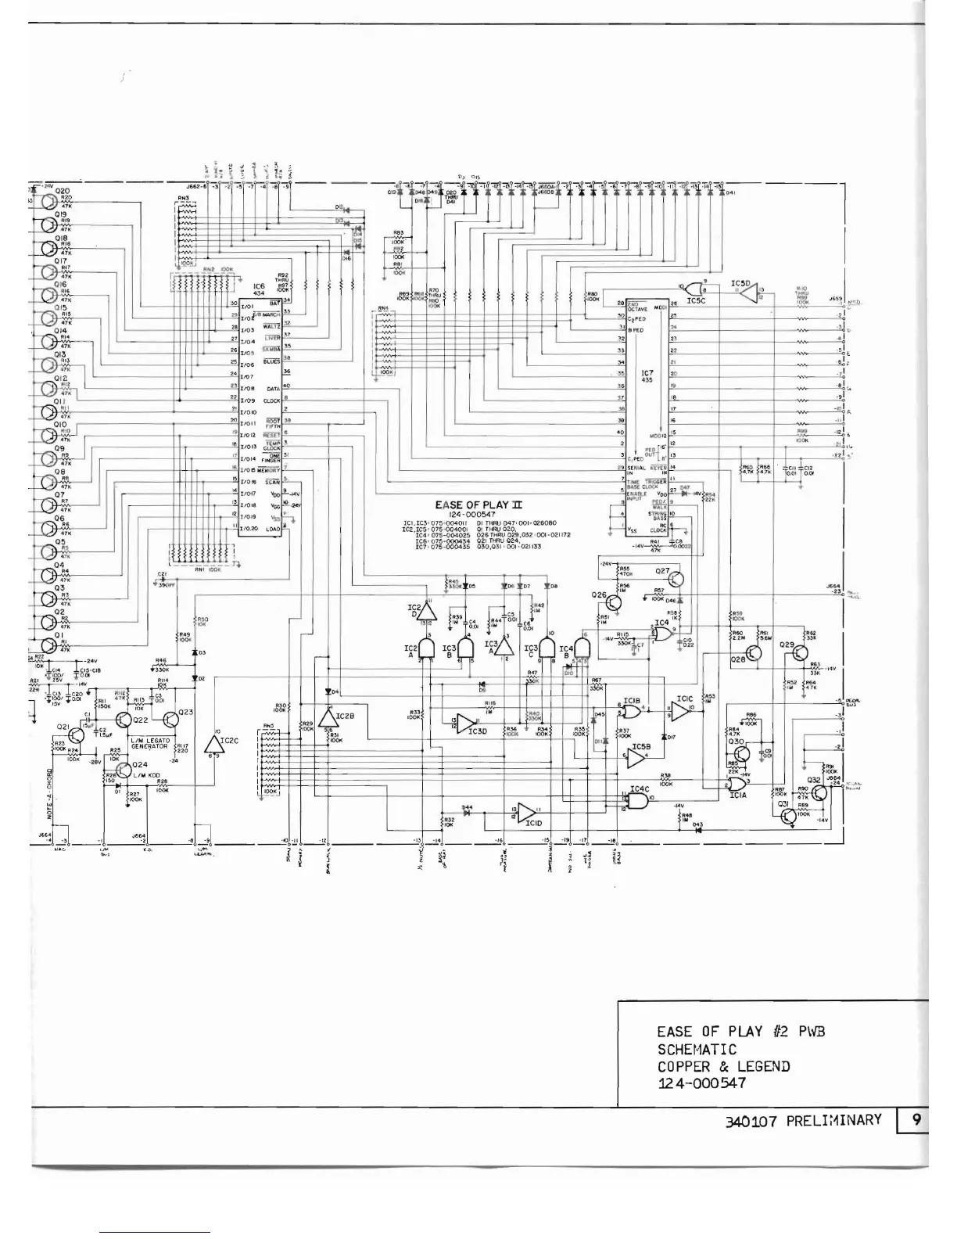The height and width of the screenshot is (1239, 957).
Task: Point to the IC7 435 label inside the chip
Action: click(x=646, y=376)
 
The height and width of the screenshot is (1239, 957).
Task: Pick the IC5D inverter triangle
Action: click(x=748, y=294)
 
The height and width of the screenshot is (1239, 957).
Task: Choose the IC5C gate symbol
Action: click(x=694, y=289)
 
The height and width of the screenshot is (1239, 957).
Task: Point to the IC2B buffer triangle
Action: click(x=327, y=716)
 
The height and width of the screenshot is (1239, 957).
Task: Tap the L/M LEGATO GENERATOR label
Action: click(x=149, y=743)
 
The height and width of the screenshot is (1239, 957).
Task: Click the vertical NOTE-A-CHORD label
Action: click(x=49, y=790)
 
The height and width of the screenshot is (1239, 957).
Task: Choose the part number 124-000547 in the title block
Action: click(x=701, y=1083)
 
